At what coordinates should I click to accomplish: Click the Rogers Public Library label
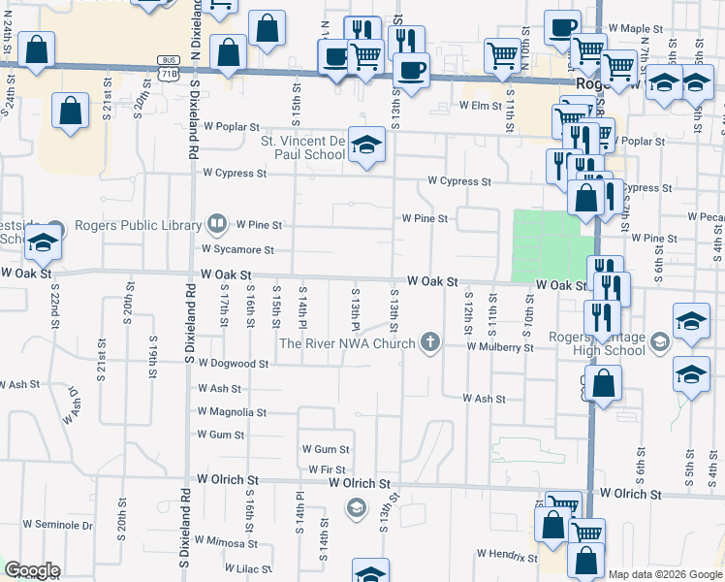[x=136, y=227]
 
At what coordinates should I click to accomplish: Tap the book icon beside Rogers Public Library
[x=217, y=227]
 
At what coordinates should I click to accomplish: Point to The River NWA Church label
[x=348, y=342]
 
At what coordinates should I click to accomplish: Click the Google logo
[x=32, y=570]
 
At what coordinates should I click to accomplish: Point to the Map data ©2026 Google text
[x=664, y=574]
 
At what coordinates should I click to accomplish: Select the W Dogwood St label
[x=233, y=364]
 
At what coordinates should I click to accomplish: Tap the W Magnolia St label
[x=232, y=412]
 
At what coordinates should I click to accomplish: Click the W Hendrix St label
[x=506, y=555]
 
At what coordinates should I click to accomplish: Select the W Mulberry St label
[x=499, y=346]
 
